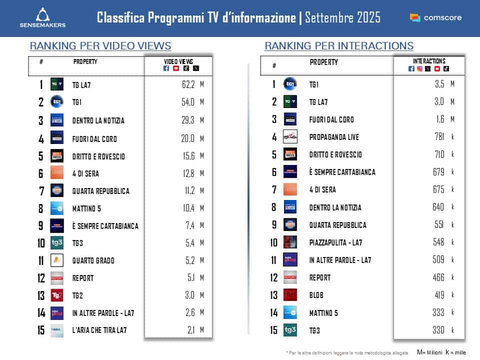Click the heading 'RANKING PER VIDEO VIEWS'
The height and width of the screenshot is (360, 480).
[x=100, y=46]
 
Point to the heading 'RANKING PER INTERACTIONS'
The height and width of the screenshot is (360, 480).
[x=339, y=46]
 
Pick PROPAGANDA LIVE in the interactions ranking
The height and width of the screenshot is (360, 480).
[x=334, y=137]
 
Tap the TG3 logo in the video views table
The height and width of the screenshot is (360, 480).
[x=57, y=242]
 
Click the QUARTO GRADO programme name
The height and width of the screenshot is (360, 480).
[x=93, y=260]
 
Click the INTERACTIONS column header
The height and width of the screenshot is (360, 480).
[x=429, y=61]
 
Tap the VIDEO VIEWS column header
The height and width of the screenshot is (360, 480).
[x=178, y=61]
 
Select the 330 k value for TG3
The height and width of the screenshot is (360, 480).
[x=439, y=330]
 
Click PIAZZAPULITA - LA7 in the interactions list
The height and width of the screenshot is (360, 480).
[x=336, y=242]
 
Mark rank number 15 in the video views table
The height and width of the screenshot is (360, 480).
[x=41, y=330]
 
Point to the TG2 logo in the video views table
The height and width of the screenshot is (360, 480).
[x=57, y=295]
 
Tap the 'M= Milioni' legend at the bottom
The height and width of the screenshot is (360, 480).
[x=429, y=352]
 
